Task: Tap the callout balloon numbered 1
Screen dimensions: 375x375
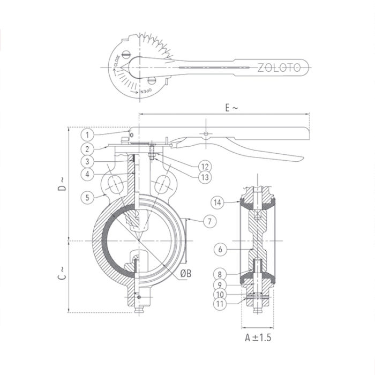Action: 88,134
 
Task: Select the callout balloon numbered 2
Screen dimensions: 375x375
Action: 88,147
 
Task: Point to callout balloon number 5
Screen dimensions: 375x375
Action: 88,197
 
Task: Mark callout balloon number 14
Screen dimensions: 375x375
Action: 217,202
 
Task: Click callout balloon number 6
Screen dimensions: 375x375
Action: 217,249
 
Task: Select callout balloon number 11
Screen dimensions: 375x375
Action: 217,304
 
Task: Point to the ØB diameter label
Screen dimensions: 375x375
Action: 185,273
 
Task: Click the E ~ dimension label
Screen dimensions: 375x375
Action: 231,108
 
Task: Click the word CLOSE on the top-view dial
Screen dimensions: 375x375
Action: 117,62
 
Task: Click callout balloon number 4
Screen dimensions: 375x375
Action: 88,174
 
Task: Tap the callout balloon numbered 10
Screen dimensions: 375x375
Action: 217,294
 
